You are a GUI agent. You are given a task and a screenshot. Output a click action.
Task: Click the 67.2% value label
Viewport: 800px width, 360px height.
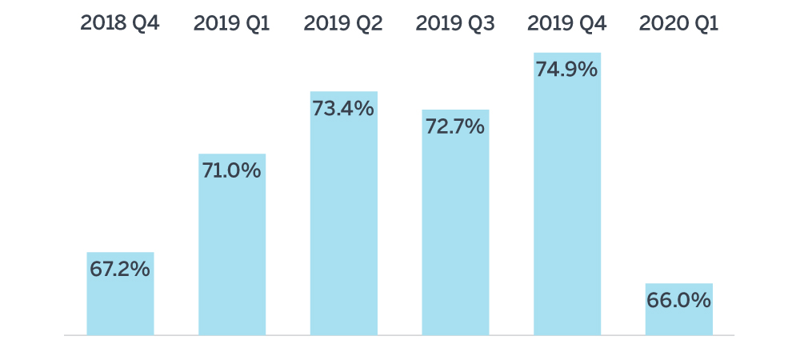(120, 270)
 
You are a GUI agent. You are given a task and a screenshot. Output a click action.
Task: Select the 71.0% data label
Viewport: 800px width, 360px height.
(232, 170)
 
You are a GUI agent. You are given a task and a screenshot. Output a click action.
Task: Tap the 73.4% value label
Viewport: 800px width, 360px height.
(343, 109)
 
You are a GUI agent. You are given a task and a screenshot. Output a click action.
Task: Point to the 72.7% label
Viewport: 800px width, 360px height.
(455, 126)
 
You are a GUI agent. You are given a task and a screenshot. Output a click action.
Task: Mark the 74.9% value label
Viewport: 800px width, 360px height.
(567, 70)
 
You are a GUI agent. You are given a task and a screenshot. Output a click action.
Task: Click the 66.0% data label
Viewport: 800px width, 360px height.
(679, 301)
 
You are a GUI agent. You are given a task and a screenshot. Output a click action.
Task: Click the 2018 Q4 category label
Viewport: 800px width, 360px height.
(120, 23)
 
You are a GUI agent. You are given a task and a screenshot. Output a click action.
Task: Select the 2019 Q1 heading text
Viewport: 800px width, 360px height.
(232, 23)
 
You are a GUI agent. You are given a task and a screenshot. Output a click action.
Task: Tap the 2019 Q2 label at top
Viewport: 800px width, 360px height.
(343, 23)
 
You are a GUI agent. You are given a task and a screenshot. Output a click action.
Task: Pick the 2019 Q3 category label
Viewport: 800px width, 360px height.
(455, 23)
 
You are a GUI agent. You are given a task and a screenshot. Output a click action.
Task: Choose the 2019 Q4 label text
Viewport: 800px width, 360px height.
(567, 23)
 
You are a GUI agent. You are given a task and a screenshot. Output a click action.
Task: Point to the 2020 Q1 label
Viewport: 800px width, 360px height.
(679, 23)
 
